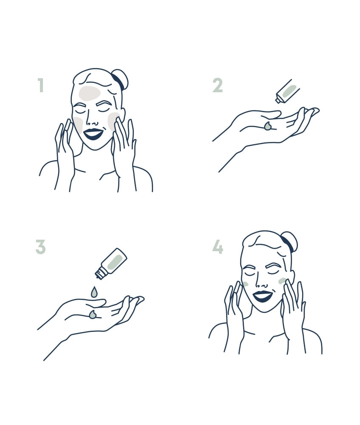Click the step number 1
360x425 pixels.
(x=41, y=85)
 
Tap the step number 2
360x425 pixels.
(x=217, y=85)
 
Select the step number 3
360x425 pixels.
(x=40, y=247)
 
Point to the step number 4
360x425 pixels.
(x=217, y=247)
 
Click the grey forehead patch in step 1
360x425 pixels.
(x=89, y=93)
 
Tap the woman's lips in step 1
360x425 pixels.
(x=93, y=134)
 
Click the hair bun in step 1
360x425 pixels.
(x=122, y=79)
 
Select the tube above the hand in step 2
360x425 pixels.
(x=287, y=92)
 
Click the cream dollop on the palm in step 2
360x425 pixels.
(x=268, y=126)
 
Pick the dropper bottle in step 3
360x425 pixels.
(x=112, y=262)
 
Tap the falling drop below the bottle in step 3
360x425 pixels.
(x=94, y=292)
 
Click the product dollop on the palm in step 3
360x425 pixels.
(x=92, y=314)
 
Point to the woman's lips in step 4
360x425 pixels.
(x=262, y=296)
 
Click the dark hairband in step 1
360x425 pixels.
(x=118, y=81)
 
